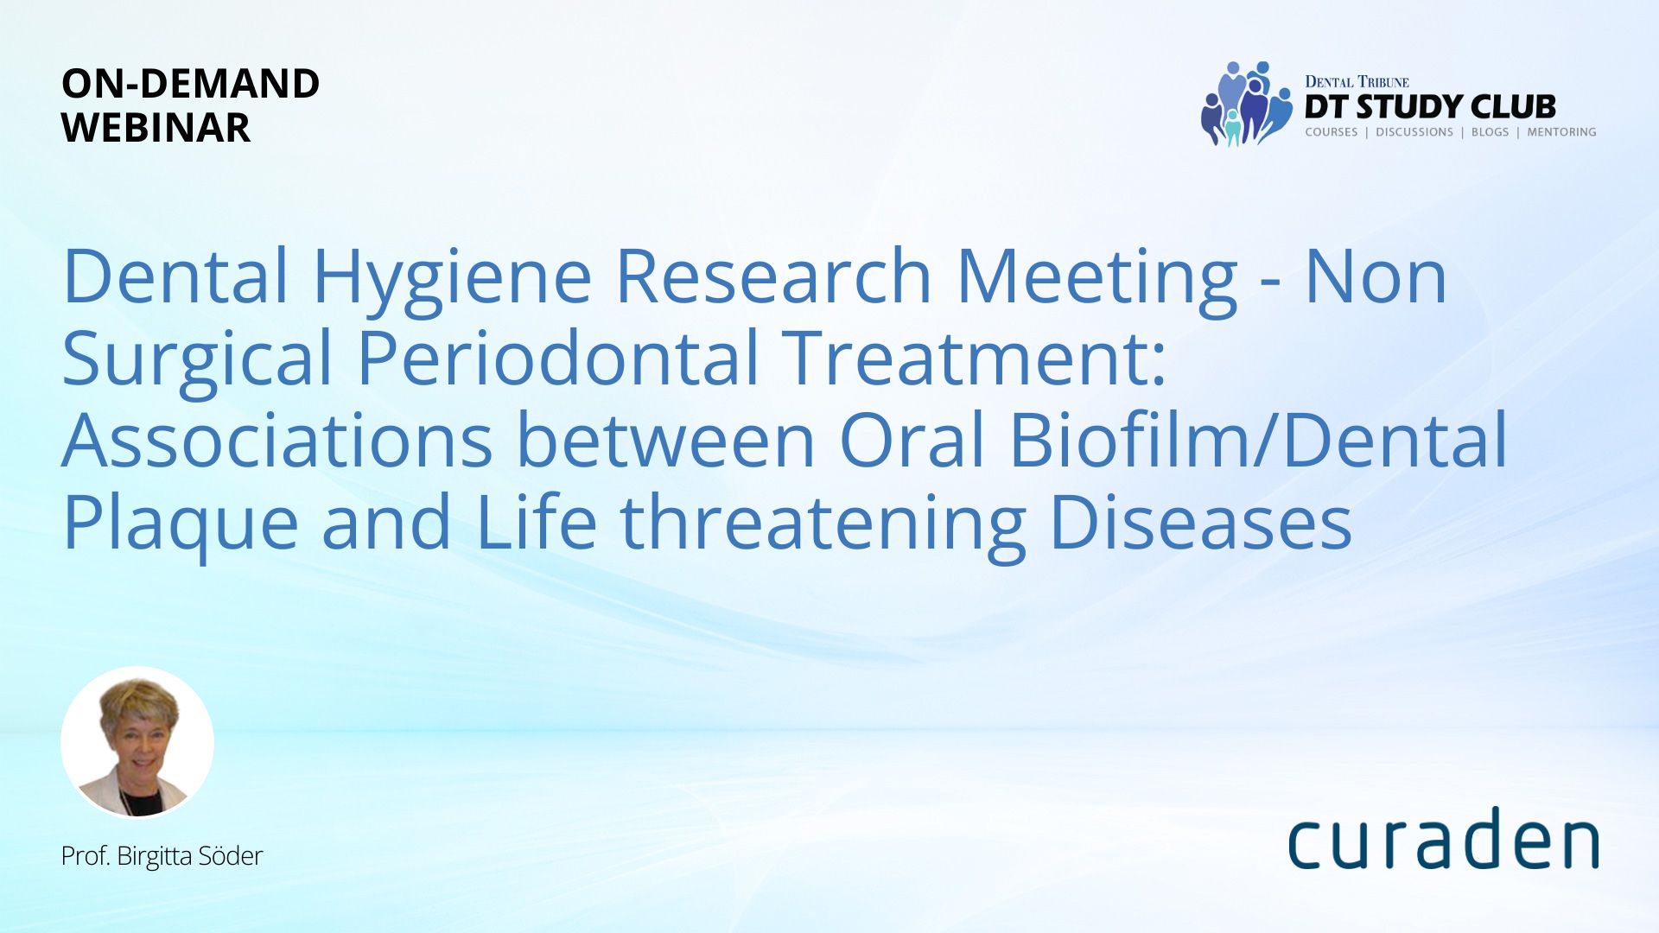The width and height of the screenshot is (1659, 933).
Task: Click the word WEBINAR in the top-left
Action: pyautogui.click(x=156, y=128)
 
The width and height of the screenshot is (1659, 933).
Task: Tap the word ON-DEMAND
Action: pyautogui.click(x=190, y=84)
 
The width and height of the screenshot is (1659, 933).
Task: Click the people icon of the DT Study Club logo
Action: pyautogui.click(x=1246, y=104)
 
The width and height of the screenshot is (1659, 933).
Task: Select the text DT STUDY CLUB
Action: pyautogui.click(x=1430, y=107)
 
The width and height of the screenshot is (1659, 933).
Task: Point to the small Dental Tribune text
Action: pyautogui.click(x=1357, y=82)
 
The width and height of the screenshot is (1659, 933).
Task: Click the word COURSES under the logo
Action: pyautogui.click(x=1332, y=132)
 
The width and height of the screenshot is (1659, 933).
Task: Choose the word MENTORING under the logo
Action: pyautogui.click(x=1561, y=132)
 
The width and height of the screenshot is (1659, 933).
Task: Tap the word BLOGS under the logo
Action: pyautogui.click(x=1490, y=132)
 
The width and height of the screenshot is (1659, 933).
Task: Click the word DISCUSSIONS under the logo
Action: pyautogui.click(x=1414, y=132)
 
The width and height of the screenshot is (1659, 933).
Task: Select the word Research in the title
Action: pyautogui.click(x=773, y=276)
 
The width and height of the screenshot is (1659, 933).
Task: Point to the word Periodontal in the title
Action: pyautogui.click(x=558, y=358)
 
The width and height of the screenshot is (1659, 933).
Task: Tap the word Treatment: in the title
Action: pyautogui.click(x=976, y=358)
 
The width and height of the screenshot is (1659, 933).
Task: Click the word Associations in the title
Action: pyautogui.click(x=277, y=440)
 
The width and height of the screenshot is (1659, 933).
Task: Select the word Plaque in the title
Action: pyautogui.click(x=181, y=526)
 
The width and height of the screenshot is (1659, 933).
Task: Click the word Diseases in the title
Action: pyautogui.click(x=1201, y=522)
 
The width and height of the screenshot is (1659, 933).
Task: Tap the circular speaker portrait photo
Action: pyautogui.click(x=137, y=743)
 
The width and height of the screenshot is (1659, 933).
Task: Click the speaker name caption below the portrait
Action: pyautogui.click(x=162, y=856)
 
